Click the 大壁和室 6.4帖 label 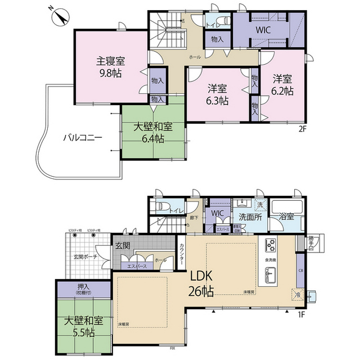pos(152,132)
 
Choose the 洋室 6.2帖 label pos(283,84)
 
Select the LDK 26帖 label pos(200,283)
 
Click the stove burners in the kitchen pos(270,245)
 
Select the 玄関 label pos(123,246)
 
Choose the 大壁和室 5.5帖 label pos(83,326)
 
